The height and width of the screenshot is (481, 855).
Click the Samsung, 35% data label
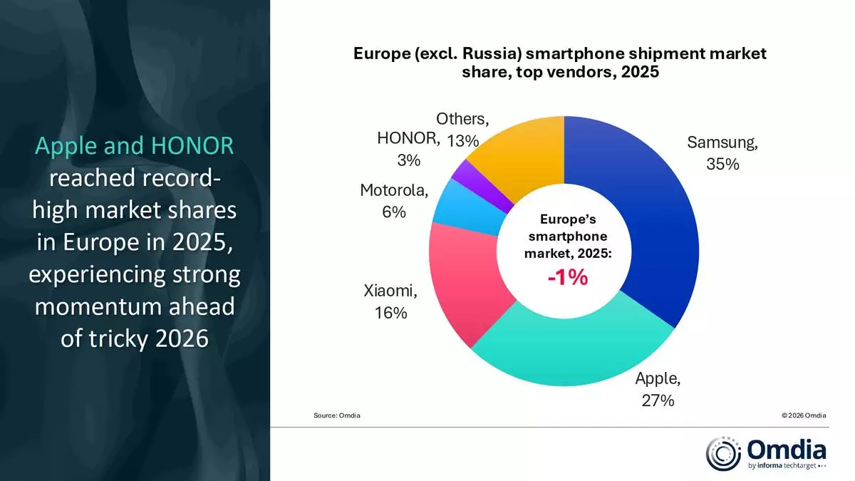722,152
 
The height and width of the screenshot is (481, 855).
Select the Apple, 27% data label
658,389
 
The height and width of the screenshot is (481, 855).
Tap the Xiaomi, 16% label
390,301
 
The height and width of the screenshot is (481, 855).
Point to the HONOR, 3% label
408,148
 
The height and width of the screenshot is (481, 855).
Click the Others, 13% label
463,129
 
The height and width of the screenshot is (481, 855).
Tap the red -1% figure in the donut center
567,278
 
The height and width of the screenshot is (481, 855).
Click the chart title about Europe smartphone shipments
560,63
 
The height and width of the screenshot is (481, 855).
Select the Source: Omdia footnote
336,415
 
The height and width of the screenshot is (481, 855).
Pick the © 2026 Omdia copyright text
804,415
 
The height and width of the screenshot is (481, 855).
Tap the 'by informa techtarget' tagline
787,467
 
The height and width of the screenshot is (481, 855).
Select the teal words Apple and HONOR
134,146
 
